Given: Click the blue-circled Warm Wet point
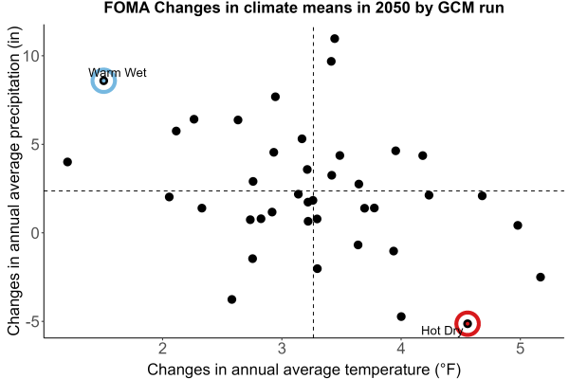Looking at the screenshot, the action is [x=103, y=81].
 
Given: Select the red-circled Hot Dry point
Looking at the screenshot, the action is [x=468, y=323].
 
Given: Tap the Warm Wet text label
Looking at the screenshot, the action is [x=118, y=73].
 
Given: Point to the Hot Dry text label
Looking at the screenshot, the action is [x=442, y=331].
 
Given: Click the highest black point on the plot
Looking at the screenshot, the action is [x=335, y=39].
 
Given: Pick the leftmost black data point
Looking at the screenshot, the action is [x=67, y=162].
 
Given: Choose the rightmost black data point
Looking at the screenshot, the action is [x=541, y=277].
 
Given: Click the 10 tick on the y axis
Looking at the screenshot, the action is [x=32, y=56].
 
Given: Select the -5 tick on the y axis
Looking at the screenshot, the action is [x=32, y=321].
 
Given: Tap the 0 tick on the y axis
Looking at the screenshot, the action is [x=36, y=233].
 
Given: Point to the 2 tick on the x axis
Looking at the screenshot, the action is [x=162, y=349].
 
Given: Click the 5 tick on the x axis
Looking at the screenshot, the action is [x=520, y=349].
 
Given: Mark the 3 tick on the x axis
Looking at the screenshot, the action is [x=282, y=349].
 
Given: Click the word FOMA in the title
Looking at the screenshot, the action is [x=127, y=8].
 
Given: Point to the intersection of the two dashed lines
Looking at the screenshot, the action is [x=313, y=190].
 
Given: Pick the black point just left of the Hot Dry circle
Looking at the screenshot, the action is [x=401, y=316].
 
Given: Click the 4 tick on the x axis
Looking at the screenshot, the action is [x=400, y=349].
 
